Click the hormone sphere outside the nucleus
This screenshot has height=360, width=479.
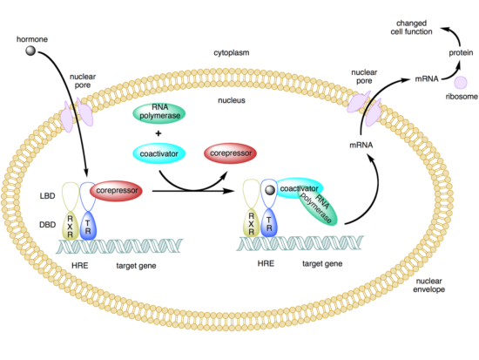[30, 51]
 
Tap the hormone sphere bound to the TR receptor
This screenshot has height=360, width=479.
[270, 190]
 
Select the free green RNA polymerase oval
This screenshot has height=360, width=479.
[159, 113]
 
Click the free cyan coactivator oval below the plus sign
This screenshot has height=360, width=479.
[159, 153]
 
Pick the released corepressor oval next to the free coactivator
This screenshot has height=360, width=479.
[230, 153]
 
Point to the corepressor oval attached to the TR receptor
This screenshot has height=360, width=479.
[116, 191]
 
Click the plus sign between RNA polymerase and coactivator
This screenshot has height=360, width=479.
[159, 133]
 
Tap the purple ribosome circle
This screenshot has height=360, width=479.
[461, 83]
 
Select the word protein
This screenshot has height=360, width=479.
[461, 53]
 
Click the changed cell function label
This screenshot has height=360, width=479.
[411, 28]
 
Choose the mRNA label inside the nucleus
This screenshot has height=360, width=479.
[361, 145]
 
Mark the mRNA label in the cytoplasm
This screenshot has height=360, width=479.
[427, 79]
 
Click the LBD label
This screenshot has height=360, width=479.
[47, 196]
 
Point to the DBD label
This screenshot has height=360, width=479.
[48, 225]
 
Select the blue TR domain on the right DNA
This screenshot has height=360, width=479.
[269, 223]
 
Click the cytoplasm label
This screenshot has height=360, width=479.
[232, 52]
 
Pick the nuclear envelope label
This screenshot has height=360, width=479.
[428, 285]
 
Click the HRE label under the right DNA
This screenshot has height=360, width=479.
[266, 263]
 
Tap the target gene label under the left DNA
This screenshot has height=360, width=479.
[136, 266]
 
